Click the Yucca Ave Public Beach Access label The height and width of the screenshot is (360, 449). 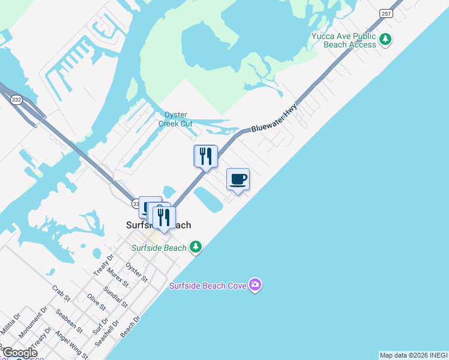pos(344,40)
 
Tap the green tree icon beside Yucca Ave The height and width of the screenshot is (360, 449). pos(385,40)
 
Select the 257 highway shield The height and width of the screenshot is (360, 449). pos(386,13)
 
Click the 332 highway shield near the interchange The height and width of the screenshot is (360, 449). pos(16,100)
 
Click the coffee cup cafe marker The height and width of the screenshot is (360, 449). pos(238,179)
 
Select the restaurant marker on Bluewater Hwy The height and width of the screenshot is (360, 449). pos(205,157)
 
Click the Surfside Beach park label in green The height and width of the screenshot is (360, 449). pos(159,247)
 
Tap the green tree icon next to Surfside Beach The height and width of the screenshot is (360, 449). pos(195,247)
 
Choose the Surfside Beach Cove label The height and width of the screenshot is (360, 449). pos(208,286)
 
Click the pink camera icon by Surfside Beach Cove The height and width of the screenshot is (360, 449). pos(255,284)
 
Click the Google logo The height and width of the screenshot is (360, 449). pos(19,353)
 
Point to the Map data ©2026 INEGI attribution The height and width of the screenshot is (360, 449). pos(414,355)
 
